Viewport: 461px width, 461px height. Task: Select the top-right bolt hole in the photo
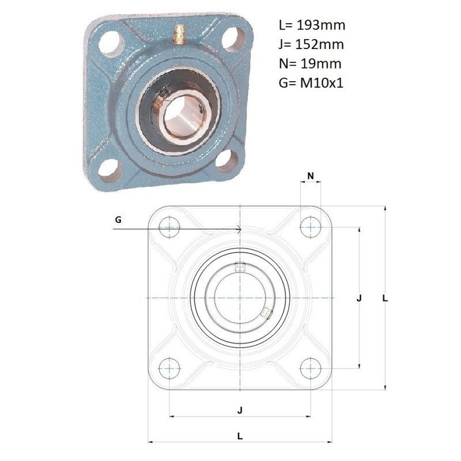234,39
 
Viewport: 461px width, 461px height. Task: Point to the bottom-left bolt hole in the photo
110,171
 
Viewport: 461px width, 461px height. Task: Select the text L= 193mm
312,25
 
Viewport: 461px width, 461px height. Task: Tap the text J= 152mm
311,44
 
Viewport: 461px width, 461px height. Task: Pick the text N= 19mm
310,63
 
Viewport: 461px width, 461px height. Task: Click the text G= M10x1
311,83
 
